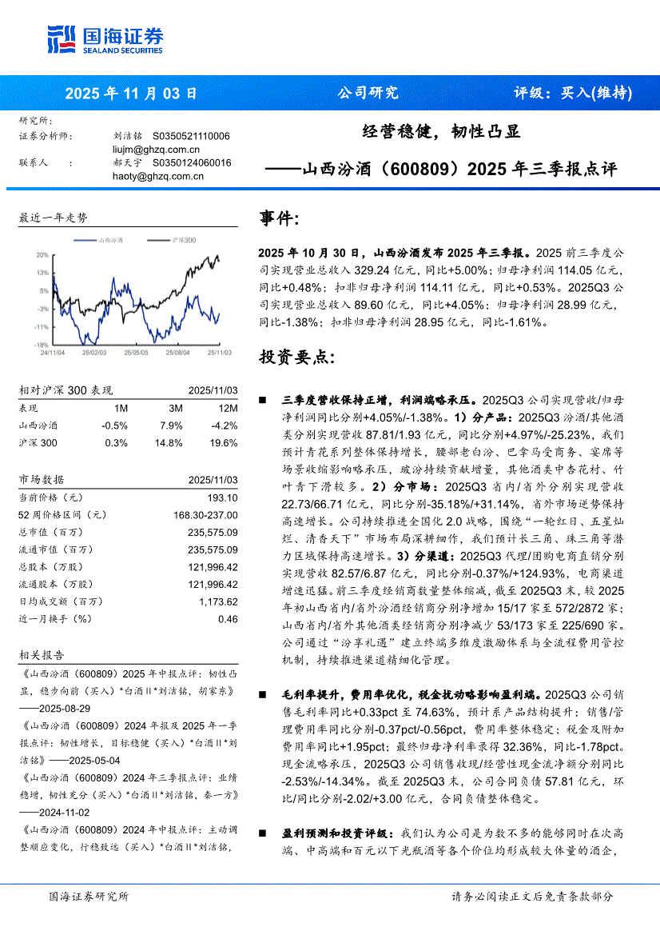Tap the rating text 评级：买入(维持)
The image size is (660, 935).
[x=572, y=93]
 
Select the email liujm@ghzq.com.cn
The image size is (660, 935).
[x=157, y=150]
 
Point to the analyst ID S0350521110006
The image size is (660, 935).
[x=191, y=137]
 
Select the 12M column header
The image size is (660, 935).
[x=227, y=408]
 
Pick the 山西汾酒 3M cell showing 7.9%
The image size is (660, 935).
[x=172, y=426]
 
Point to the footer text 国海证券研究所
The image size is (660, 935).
[x=88, y=897]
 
